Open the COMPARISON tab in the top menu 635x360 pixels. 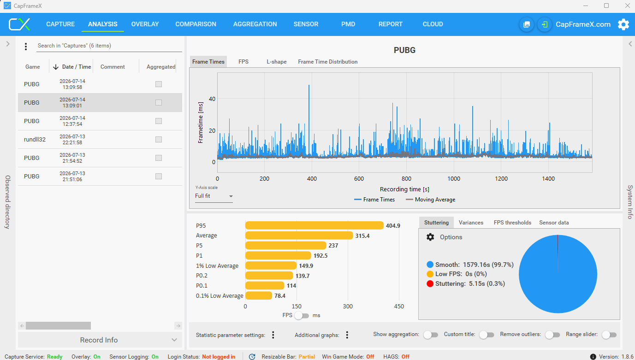point(196,24)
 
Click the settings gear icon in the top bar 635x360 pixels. point(623,24)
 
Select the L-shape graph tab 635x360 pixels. point(276,62)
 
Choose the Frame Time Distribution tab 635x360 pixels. point(328,62)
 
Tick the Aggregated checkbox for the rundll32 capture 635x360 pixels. point(159,140)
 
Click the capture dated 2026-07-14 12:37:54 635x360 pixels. point(72,121)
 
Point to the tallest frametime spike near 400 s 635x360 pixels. point(309,85)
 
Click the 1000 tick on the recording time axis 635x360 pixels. point(454,179)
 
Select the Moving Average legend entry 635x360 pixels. point(430,200)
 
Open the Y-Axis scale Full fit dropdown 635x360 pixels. point(214,196)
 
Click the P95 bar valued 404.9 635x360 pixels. point(315,226)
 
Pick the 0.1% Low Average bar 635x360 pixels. point(259,295)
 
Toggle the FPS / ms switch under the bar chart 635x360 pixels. point(302,315)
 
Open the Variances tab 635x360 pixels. point(471,223)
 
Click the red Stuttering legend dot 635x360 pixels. point(430,284)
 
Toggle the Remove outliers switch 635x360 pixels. point(552,335)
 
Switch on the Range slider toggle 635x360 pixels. point(609,335)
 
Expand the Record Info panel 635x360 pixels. point(100,340)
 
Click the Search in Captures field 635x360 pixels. point(109,46)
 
